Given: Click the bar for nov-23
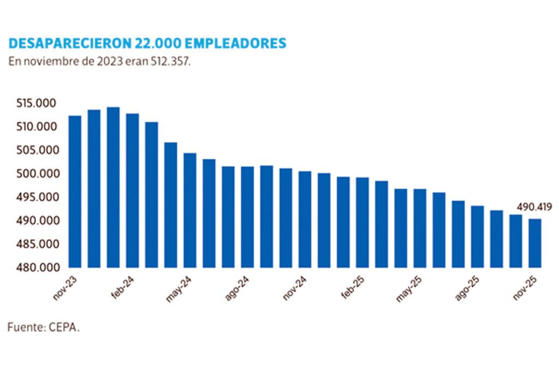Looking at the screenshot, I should click(75, 191).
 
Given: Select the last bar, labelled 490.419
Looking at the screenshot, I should click(535, 243).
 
